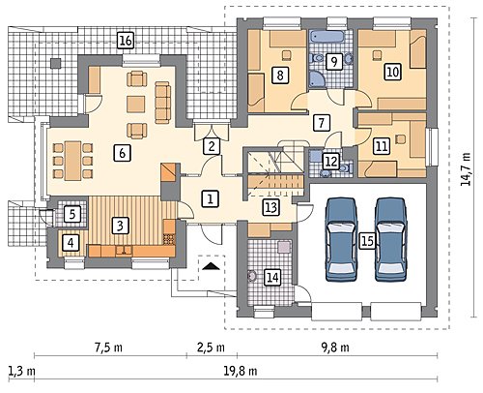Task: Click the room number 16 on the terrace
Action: point(126,41)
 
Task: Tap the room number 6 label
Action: point(122,153)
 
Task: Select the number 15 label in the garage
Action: point(367,241)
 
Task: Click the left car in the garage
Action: point(342,239)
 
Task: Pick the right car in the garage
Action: point(391,239)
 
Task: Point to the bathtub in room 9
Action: point(327,36)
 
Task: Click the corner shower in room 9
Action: point(316,77)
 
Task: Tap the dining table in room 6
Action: point(73,161)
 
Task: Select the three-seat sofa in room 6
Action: point(162,103)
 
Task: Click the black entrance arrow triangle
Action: point(211,266)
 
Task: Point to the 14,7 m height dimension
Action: point(466,168)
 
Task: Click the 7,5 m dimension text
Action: point(108,348)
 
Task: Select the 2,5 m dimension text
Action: point(211,348)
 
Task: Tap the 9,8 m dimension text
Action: point(335,348)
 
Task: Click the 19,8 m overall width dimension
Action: point(241,371)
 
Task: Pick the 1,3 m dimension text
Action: point(21,371)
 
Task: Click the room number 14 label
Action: point(272,277)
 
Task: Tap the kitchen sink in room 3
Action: point(124,250)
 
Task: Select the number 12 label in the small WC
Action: point(331,161)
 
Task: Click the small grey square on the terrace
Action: point(55,63)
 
